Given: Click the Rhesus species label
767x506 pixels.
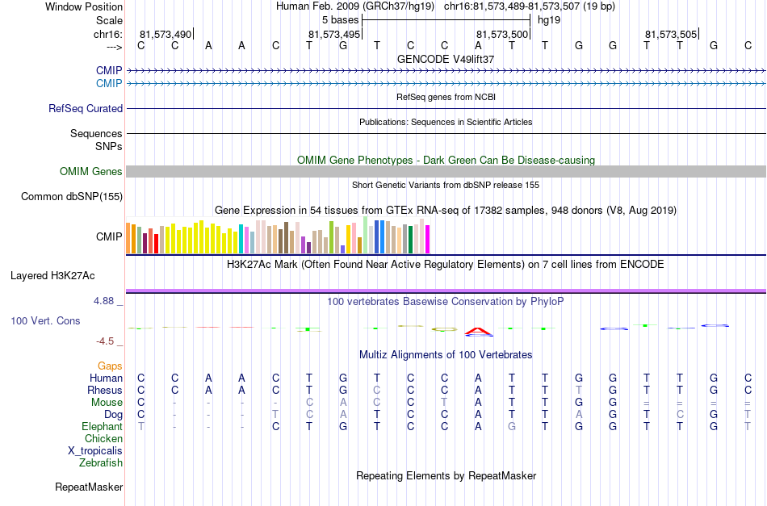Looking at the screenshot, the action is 105,390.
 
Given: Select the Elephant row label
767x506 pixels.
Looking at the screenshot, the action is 102,426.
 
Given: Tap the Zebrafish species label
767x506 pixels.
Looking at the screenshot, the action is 101,462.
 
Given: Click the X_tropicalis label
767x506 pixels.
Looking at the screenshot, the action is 95,451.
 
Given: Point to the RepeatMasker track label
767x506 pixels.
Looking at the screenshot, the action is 89,487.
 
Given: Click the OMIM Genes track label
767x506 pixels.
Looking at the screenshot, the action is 91,172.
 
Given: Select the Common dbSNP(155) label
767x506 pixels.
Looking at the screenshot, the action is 72,197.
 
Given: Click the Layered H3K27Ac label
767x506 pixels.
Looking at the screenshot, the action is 52,276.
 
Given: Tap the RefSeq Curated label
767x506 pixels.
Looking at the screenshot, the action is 86,108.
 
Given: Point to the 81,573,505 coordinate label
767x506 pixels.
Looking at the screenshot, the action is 671,34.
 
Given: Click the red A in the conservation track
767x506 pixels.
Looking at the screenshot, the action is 479,332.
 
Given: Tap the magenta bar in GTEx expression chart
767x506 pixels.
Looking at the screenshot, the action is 428,239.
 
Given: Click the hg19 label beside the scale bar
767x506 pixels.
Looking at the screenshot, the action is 549,20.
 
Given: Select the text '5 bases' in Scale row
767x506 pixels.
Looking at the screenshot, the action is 341,20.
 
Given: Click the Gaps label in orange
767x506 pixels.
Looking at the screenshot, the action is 110,366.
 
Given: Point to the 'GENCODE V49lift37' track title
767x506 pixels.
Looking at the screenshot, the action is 446,59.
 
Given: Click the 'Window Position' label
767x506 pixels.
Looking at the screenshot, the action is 84,6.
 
